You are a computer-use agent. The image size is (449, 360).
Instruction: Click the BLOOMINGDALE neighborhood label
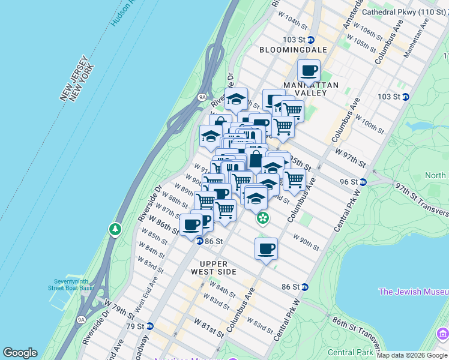tap(293, 50)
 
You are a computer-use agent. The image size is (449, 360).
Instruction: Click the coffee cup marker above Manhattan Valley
tap(309, 71)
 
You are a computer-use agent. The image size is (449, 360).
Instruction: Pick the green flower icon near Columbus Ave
tap(263, 219)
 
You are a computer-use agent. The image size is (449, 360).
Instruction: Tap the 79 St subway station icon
tap(150, 326)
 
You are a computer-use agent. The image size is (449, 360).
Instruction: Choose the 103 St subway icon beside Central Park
tap(406, 97)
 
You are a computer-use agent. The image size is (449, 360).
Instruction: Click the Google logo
tap(20, 353)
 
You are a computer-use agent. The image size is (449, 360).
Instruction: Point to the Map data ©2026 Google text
tap(412, 355)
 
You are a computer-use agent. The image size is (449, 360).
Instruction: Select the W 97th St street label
tap(350, 160)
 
